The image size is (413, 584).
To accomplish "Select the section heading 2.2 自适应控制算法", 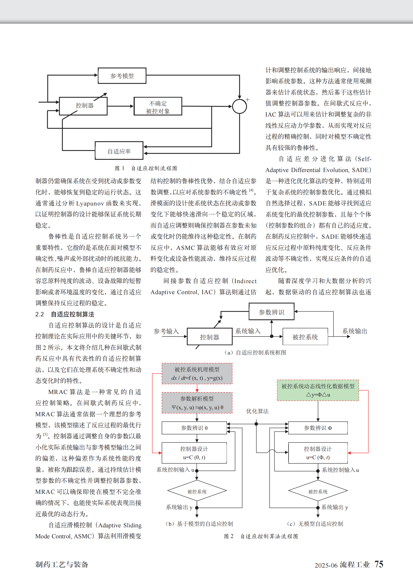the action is pos(65,314).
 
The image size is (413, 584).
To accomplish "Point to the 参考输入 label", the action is pos(166,331).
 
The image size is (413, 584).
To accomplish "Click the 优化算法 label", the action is pos(257,411).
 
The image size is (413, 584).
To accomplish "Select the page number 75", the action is pos(379,564).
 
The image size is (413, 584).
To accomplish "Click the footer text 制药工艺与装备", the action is pos(62,565).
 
